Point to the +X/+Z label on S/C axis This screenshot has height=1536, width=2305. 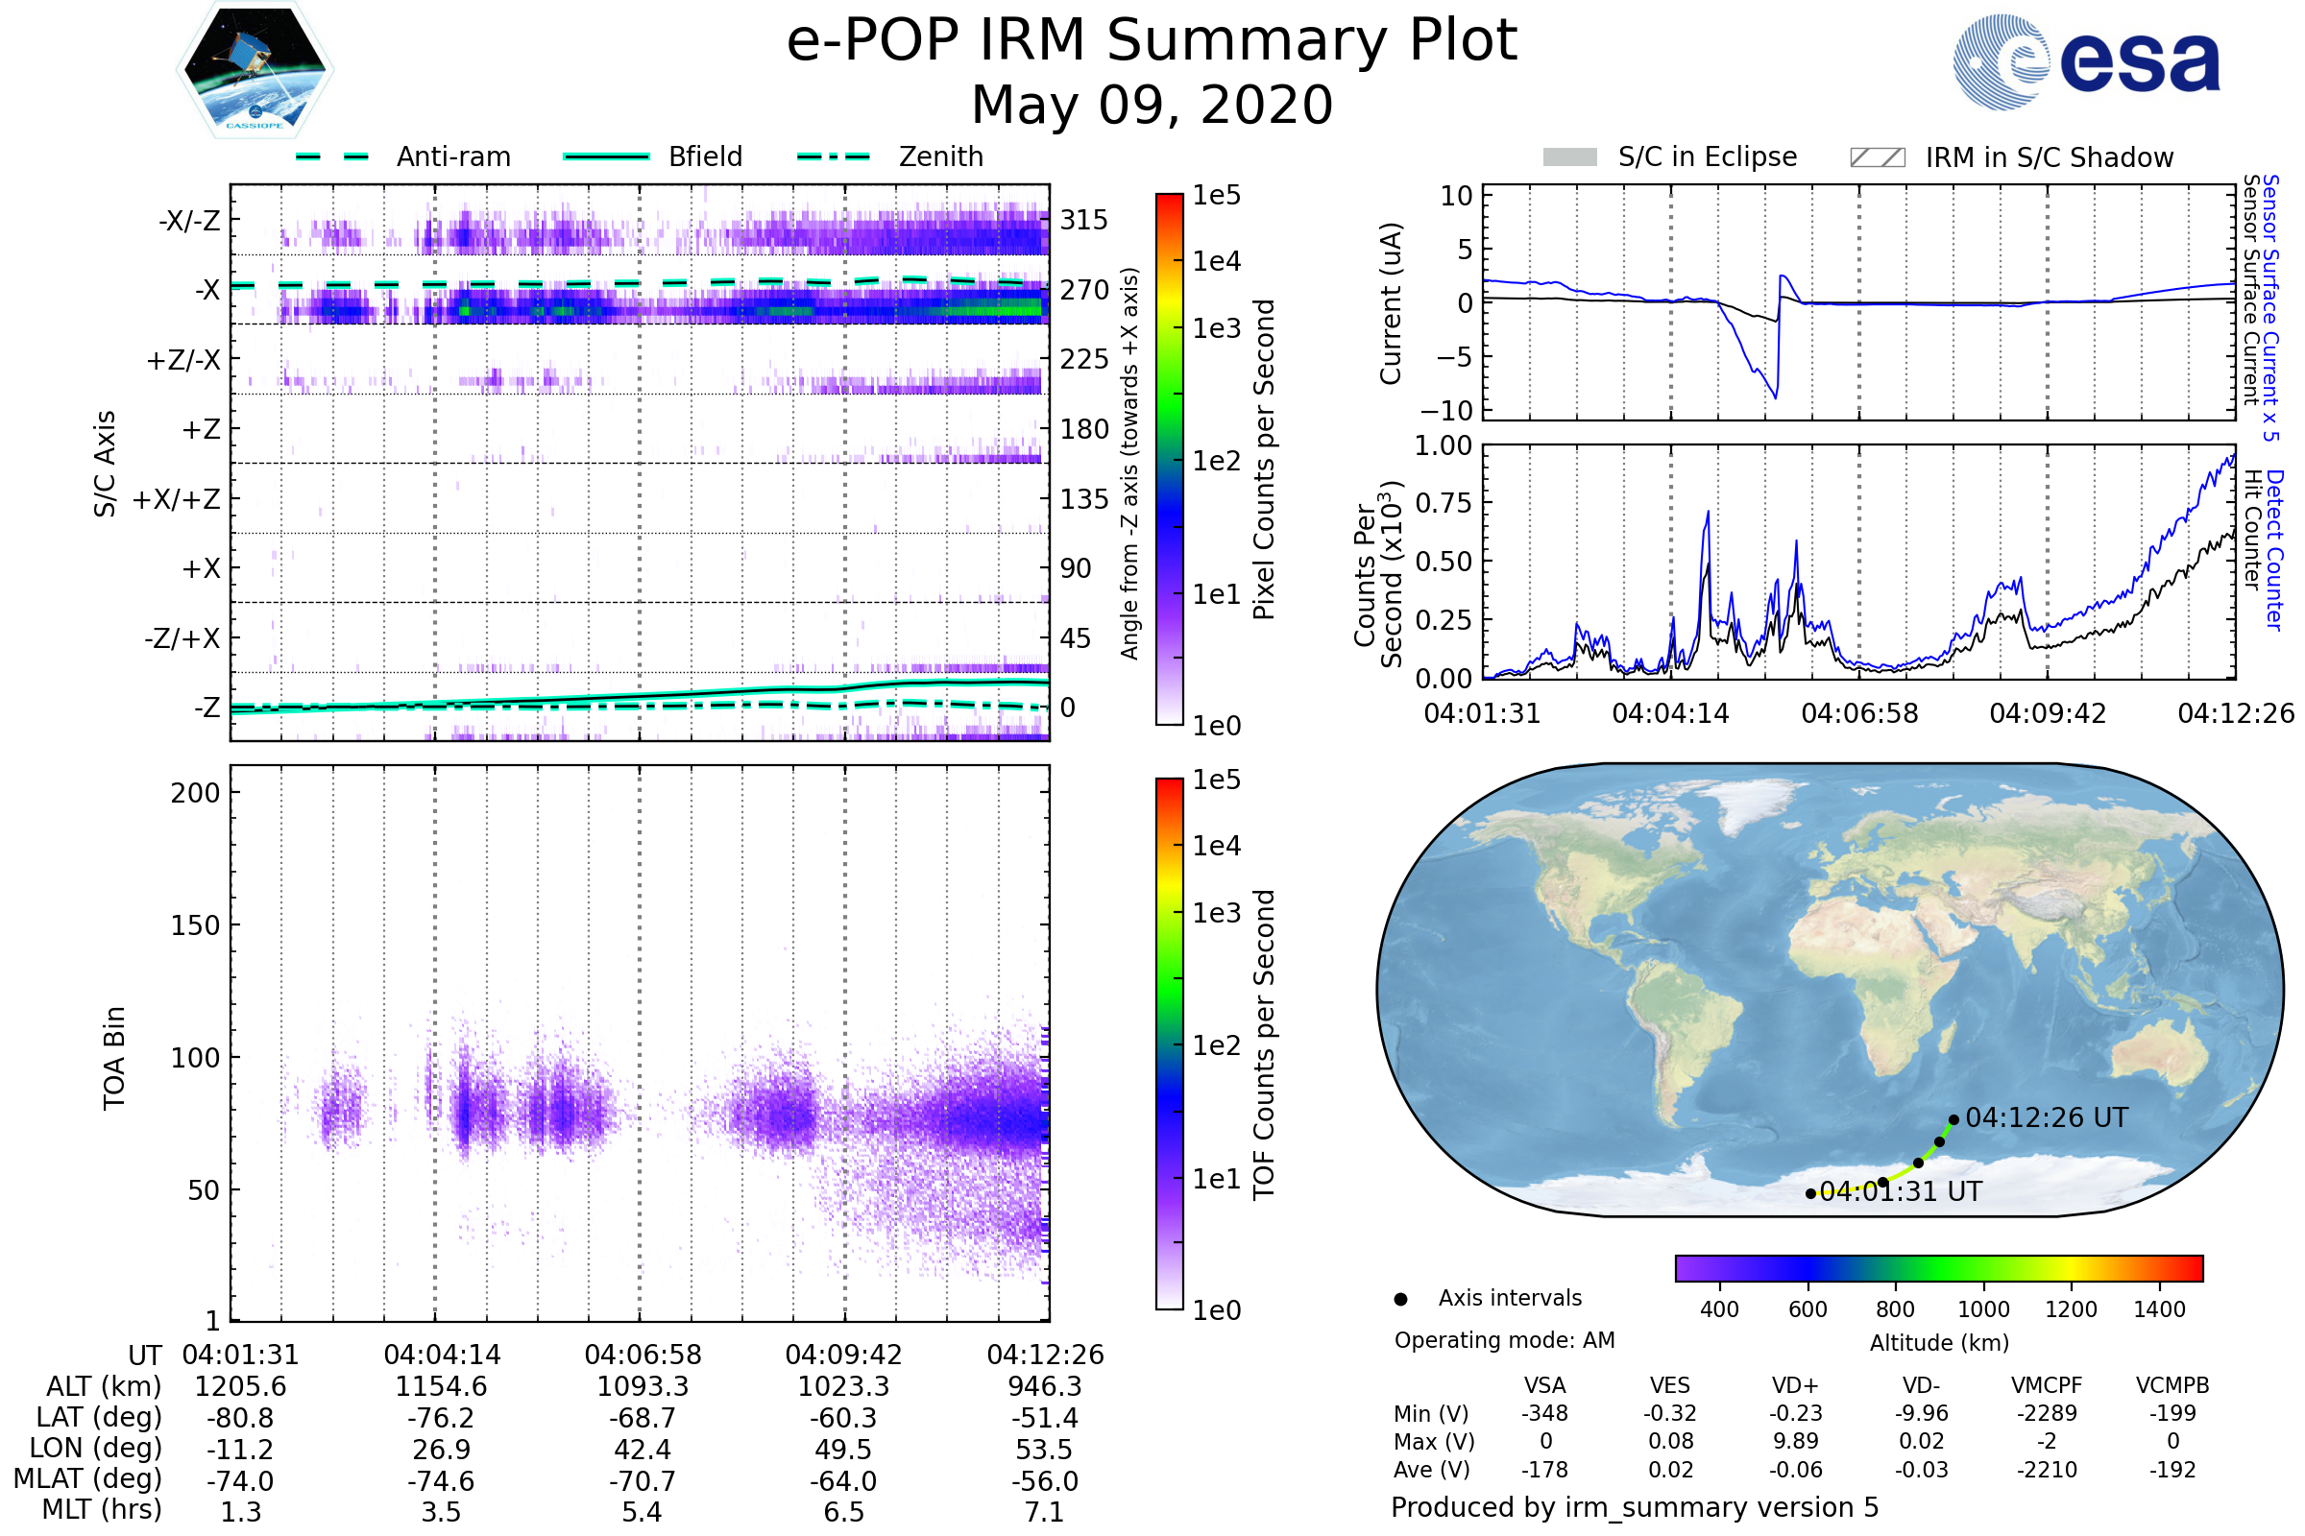click(177, 499)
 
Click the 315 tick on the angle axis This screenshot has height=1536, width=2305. click(1084, 220)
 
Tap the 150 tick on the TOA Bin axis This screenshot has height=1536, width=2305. click(195, 925)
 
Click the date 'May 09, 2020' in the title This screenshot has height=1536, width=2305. click(1152, 105)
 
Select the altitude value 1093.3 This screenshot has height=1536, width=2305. click(643, 1387)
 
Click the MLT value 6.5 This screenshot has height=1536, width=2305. click(844, 1511)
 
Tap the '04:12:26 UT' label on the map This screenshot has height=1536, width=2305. click(2047, 1117)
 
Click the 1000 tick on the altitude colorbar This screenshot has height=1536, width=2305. click(1983, 1309)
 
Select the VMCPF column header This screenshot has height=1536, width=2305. click(2047, 1386)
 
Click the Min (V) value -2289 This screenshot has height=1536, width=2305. click(2047, 1413)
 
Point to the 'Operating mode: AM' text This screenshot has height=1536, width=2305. click(1504, 1340)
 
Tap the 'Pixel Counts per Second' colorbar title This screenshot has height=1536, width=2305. click(1264, 460)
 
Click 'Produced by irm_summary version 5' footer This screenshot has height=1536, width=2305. click(1635, 1507)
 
